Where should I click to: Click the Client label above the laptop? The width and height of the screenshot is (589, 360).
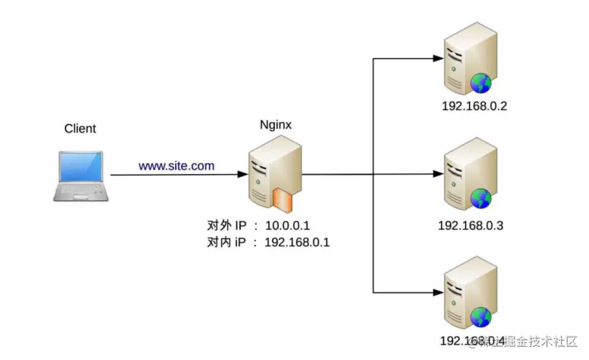coord(80,129)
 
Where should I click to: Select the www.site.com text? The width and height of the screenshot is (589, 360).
coord(176,166)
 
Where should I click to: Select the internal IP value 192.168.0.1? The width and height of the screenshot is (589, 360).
coord(297,242)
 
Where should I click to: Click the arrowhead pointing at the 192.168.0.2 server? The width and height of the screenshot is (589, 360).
coord(437,59)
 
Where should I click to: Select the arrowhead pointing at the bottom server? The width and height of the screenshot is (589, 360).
coord(437,293)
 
